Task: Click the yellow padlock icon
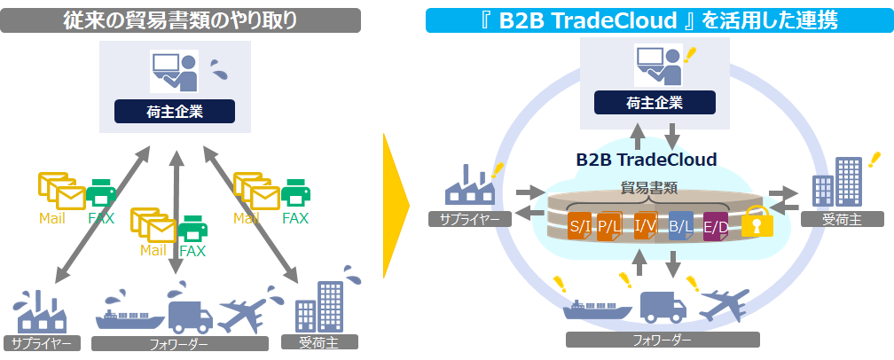pyautogui.click(x=757, y=222)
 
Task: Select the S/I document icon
pyautogui.click(x=580, y=226)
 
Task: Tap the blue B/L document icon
pyautogui.click(x=680, y=226)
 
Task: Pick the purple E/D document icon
pyautogui.click(x=716, y=226)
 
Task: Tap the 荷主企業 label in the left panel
pyautogui.click(x=175, y=112)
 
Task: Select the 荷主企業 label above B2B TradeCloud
pyautogui.click(x=654, y=103)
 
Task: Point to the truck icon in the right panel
pyautogui.click(x=663, y=306)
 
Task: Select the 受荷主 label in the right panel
pyautogui.click(x=841, y=219)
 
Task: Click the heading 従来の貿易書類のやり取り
pyautogui.click(x=180, y=20)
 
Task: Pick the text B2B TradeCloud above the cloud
pyautogui.click(x=646, y=160)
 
